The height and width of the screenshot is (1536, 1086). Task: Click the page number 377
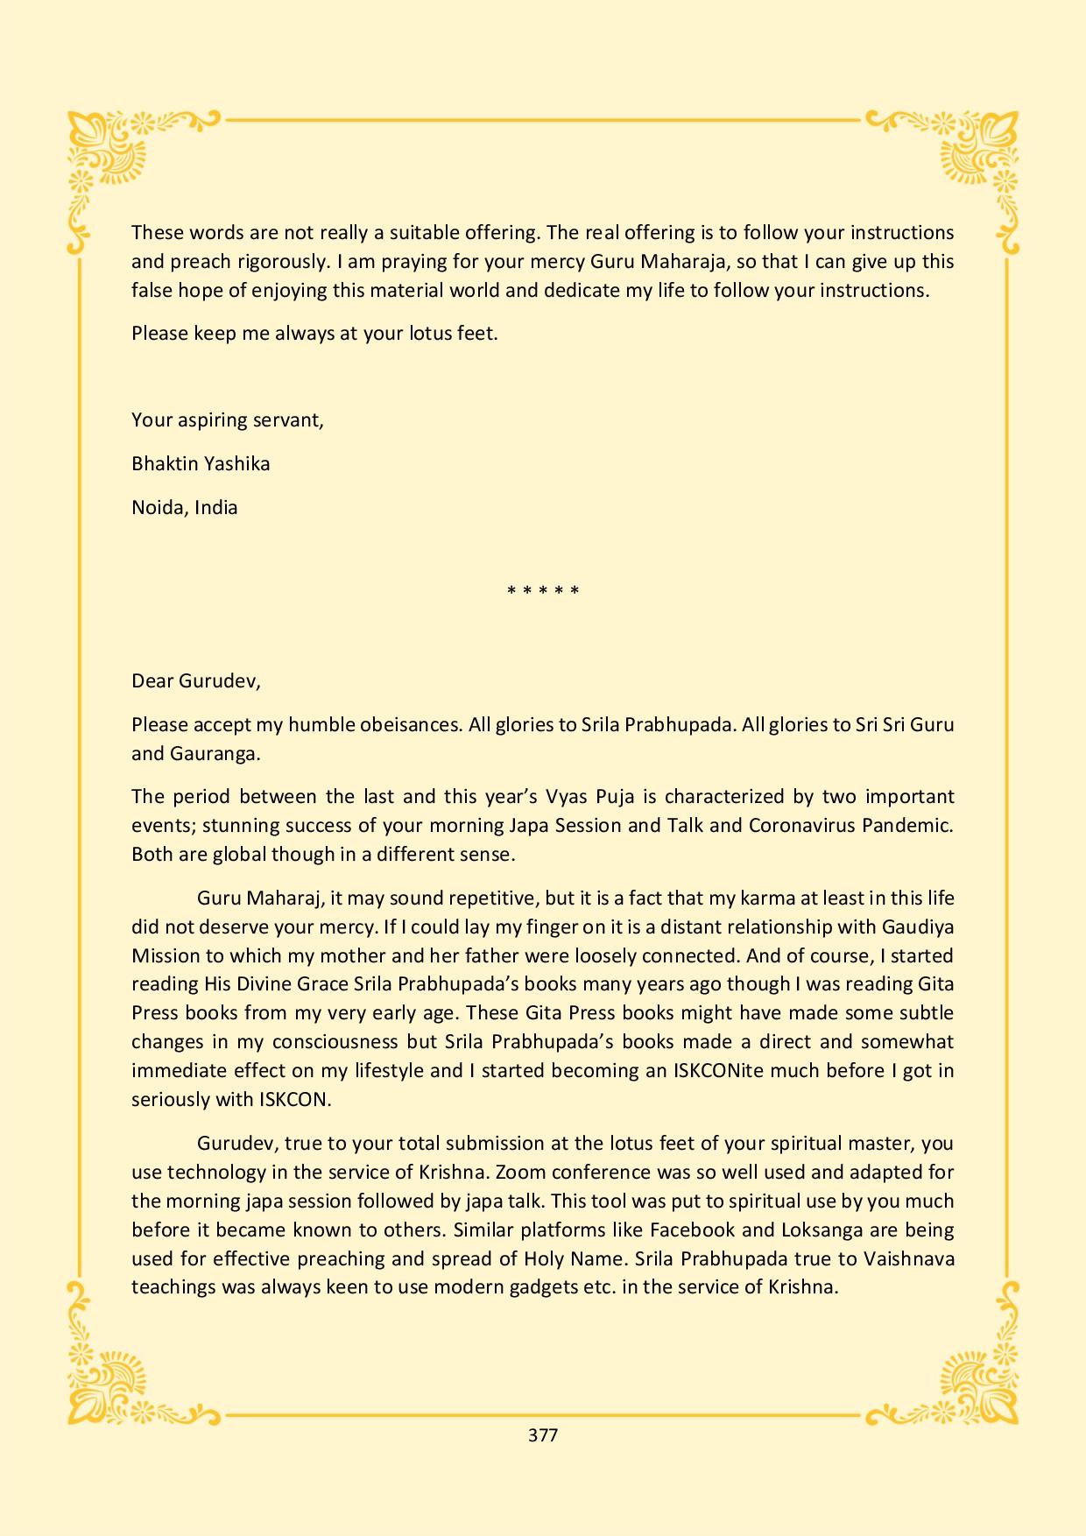point(543,1435)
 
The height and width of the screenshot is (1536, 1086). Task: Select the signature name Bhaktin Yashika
point(201,463)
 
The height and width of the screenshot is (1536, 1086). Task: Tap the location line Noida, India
point(185,507)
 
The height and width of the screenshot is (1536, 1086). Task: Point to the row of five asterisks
point(543,591)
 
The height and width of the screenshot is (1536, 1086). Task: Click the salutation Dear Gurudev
point(195,680)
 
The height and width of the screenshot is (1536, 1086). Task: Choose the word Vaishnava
point(908,1258)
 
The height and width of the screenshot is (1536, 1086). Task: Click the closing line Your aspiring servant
point(228,419)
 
